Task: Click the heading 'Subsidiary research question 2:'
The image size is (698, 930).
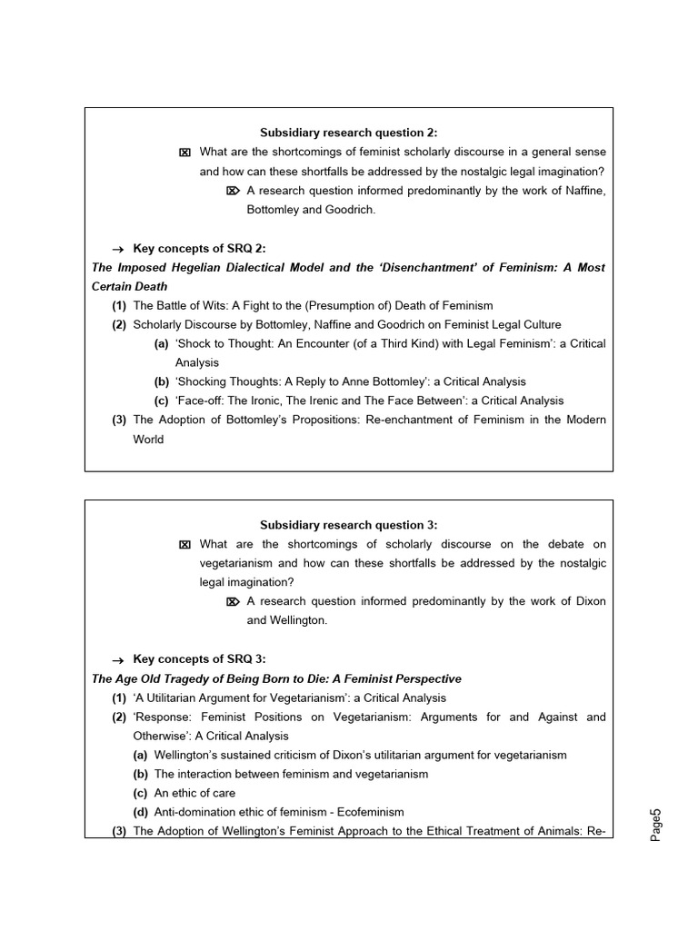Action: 348,133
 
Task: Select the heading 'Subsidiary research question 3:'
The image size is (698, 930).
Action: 348,525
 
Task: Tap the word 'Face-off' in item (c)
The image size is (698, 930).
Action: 184,401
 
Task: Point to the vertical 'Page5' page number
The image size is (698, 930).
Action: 657,824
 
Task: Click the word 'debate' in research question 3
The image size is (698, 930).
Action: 546,544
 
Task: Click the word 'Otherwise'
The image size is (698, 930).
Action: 161,736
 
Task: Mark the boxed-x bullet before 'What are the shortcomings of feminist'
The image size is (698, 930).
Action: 185,153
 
